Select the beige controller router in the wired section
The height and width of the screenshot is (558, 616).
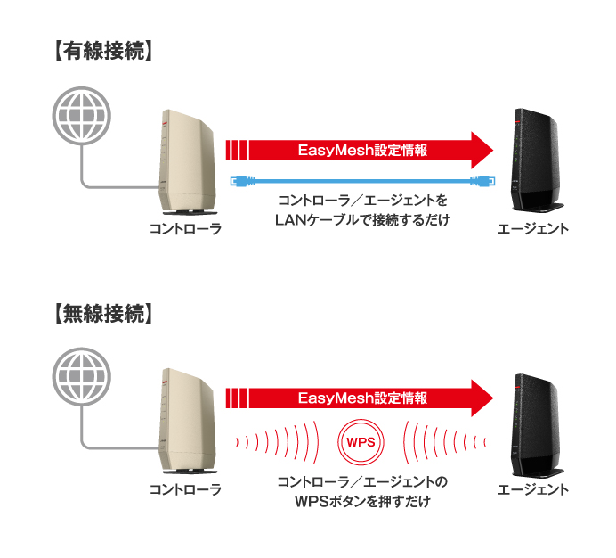(188, 160)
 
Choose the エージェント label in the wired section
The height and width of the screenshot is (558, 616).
(532, 229)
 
